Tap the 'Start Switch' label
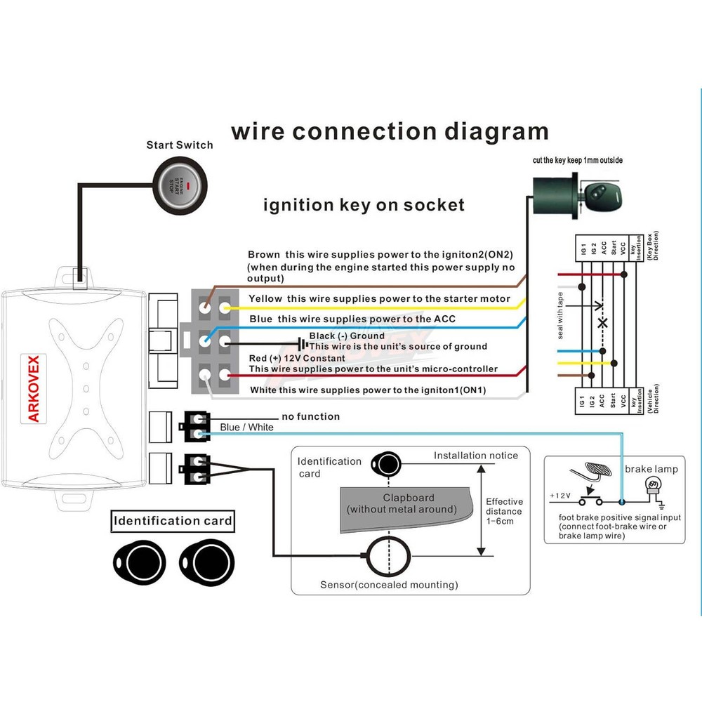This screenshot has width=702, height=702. click(x=180, y=145)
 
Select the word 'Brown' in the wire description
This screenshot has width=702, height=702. click(x=264, y=254)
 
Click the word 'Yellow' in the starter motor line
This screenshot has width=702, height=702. click(x=265, y=299)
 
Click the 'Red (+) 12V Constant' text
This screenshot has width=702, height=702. click(x=297, y=358)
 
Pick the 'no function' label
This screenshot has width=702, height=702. click(x=310, y=416)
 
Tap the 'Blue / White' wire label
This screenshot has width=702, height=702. click(x=247, y=427)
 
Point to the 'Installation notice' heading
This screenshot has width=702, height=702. click(x=476, y=456)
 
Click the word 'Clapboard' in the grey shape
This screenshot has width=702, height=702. click(x=409, y=498)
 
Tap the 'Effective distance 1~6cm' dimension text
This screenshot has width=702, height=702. click(x=505, y=511)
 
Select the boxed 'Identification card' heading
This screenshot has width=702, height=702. click(x=173, y=521)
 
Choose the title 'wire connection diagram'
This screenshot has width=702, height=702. click(x=390, y=131)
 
